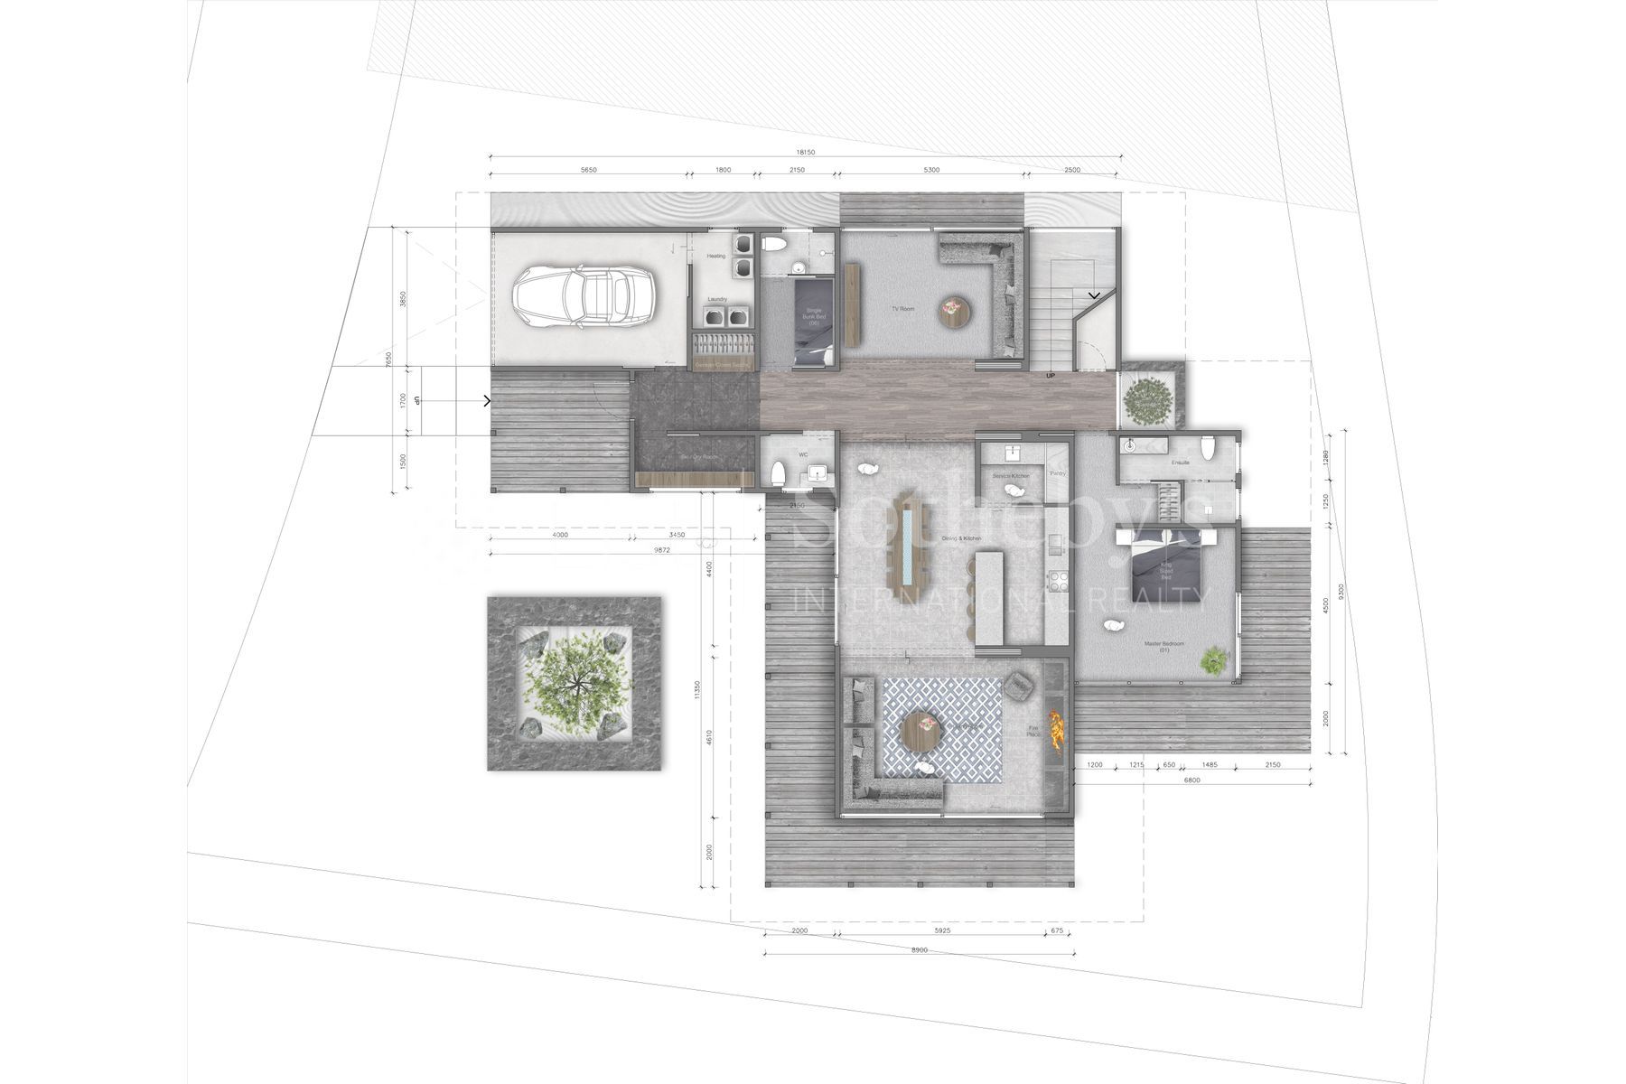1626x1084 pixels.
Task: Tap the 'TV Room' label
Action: click(x=902, y=309)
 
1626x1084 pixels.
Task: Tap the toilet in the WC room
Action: click(x=779, y=472)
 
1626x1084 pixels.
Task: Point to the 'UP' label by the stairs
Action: click(x=1050, y=375)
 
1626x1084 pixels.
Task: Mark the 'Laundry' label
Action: click(x=717, y=299)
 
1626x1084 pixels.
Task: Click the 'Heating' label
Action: click(x=715, y=257)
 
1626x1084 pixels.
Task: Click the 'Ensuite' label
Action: click(x=1180, y=463)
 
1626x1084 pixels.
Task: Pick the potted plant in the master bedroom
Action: click(x=1212, y=659)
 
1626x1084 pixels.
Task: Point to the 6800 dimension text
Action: click(x=1191, y=780)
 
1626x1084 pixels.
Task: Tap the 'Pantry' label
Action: click(x=1057, y=473)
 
